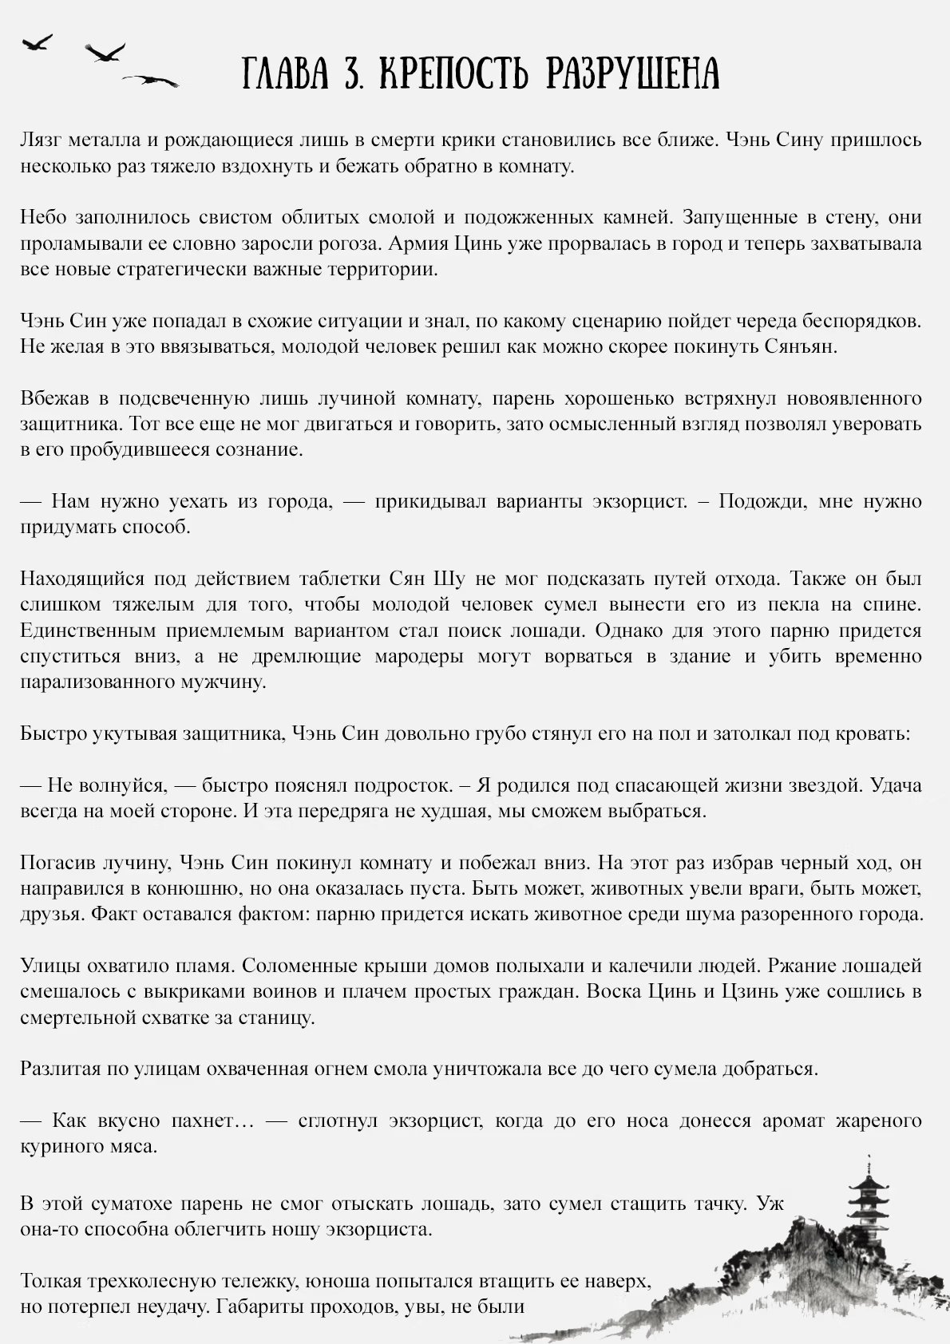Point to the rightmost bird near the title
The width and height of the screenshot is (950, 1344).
[x=151, y=79]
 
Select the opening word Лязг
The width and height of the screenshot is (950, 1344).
[x=41, y=141]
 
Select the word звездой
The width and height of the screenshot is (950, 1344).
[x=826, y=785]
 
